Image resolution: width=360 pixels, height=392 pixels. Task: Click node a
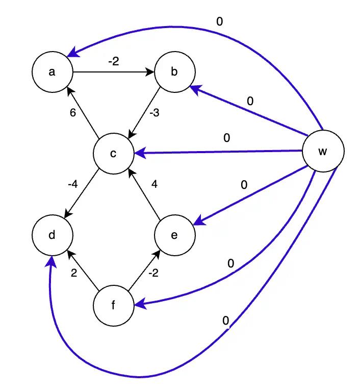pyautogui.click(x=52, y=72)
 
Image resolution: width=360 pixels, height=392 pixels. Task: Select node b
pyautogui.click(x=174, y=72)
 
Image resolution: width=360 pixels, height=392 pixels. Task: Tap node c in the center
pyautogui.click(x=114, y=153)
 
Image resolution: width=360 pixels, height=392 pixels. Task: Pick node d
pyautogui.click(x=52, y=235)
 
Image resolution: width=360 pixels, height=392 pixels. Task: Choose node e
pyautogui.click(x=174, y=235)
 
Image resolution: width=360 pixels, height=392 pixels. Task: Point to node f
pyautogui.click(x=114, y=306)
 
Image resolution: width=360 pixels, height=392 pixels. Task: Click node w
pyautogui.click(x=322, y=152)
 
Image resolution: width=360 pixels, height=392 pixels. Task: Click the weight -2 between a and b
pyautogui.click(x=113, y=61)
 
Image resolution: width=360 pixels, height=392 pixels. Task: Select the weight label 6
pyautogui.click(x=73, y=113)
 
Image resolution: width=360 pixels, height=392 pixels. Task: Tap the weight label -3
pyautogui.click(x=154, y=113)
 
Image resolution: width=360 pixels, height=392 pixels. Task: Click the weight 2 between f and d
pyautogui.click(x=73, y=273)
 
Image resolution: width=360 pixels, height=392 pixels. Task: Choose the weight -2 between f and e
pyautogui.click(x=153, y=273)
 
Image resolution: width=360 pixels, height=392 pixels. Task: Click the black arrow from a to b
pyautogui.click(x=113, y=72)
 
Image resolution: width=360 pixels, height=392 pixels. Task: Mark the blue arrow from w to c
pyautogui.click(x=219, y=152)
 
